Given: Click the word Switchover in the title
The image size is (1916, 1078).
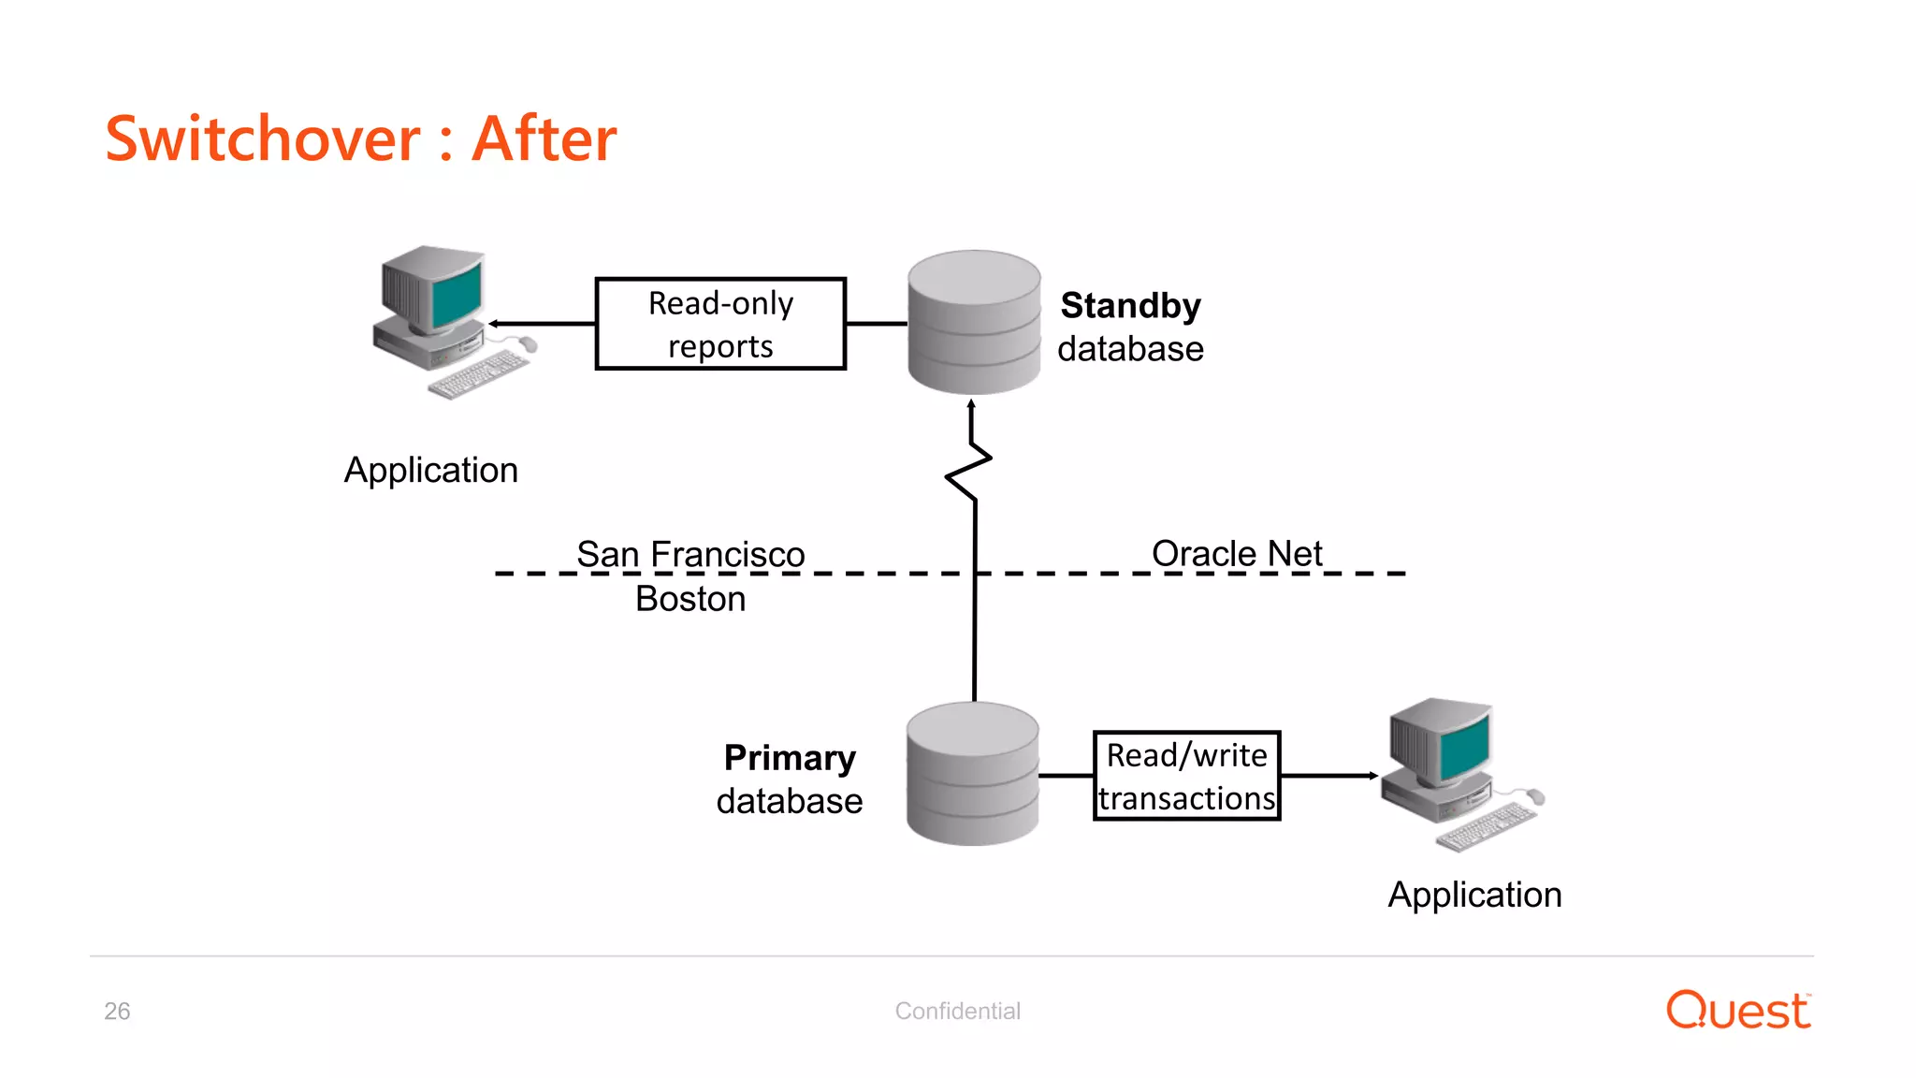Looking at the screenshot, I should (x=263, y=139).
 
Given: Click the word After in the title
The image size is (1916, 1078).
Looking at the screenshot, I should (x=544, y=139).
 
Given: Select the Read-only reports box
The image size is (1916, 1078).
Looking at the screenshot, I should (x=720, y=324).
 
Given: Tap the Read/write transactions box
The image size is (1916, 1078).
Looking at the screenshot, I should (x=1186, y=776).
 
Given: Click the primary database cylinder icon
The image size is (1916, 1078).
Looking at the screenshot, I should (x=973, y=774).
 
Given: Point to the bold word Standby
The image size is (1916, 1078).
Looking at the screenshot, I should (x=1130, y=306).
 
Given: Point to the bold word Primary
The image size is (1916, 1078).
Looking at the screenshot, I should (x=790, y=758).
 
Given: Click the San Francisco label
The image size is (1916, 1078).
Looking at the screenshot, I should (x=690, y=554).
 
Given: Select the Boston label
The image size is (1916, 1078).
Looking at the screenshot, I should (x=690, y=599).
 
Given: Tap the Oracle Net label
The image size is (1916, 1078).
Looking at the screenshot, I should (x=1237, y=553).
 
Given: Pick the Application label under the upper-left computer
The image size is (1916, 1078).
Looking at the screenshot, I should (x=431, y=470).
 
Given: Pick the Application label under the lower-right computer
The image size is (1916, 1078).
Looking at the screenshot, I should (x=1474, y=895).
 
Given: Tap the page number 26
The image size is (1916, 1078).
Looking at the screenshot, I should (x=117, y=1011).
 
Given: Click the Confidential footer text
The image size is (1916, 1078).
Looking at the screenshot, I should (x=957, y=1011).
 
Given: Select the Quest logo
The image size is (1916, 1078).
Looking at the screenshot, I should (x=1738, y=1011).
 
